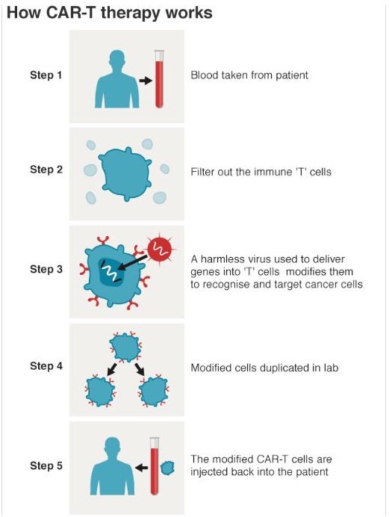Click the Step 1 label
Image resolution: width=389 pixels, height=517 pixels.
click(x=46, y=75)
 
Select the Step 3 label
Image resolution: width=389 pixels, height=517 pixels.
click(x=46, y=270)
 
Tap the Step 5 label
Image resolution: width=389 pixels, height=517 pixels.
click(x=46, y=465)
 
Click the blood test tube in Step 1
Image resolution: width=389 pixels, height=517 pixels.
click(x=159, y=78)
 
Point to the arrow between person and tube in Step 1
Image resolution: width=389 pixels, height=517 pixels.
click(x=145, y=81)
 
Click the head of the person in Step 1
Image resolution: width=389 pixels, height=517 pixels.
click(x=117, y=60)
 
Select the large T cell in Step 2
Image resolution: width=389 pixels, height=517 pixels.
click(x=125, y=174)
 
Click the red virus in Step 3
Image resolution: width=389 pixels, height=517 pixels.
click(x=160, y=250)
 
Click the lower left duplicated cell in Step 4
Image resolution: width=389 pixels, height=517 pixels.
click(x=100, y=391)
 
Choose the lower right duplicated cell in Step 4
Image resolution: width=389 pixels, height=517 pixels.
click(x=154, y=391)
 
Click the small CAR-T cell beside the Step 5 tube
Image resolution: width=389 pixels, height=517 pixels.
click(x=167, y=468)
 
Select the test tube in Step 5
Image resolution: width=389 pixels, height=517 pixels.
click(x=154, y=466)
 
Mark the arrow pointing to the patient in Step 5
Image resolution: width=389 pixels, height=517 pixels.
click(x=141, y=468)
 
